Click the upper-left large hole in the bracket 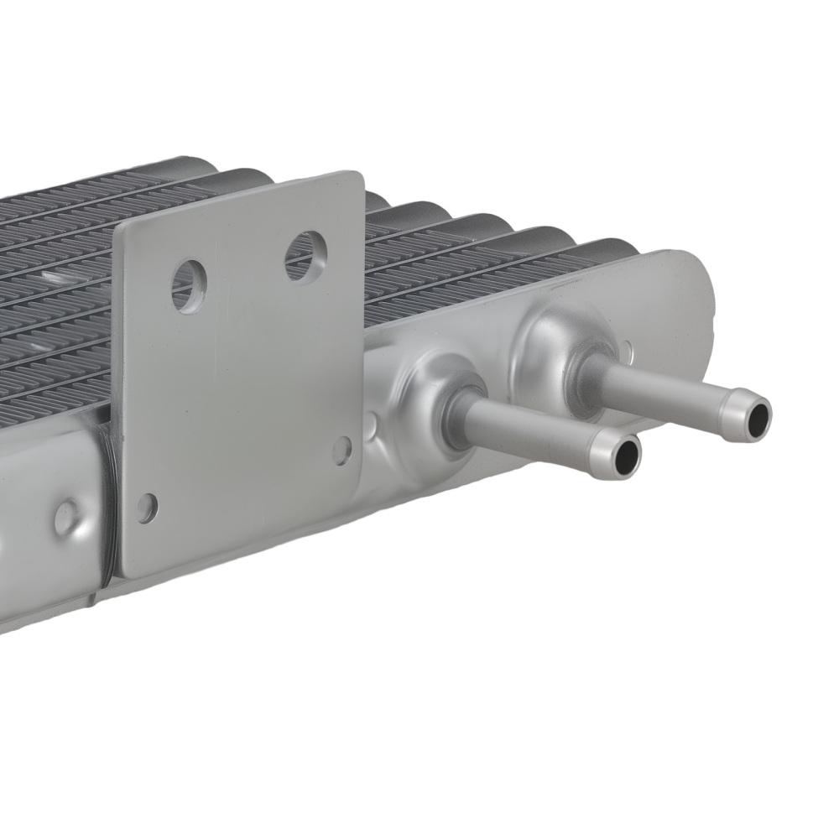pyautogui.click(x=188, y=285)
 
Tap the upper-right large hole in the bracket pyautogui.click(x=305, y=255)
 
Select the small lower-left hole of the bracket pyautogui.click(x=147, y=507)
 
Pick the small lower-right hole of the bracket pyautogui.click(x=341, y=451)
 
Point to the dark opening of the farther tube pyautogui.click(x=758, y=417)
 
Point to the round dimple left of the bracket pyautogui.click(x=67, y=518)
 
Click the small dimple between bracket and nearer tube pyautogui.click(x=371, y=422)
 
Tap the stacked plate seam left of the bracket pyautogui.click(x=105, y=503)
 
